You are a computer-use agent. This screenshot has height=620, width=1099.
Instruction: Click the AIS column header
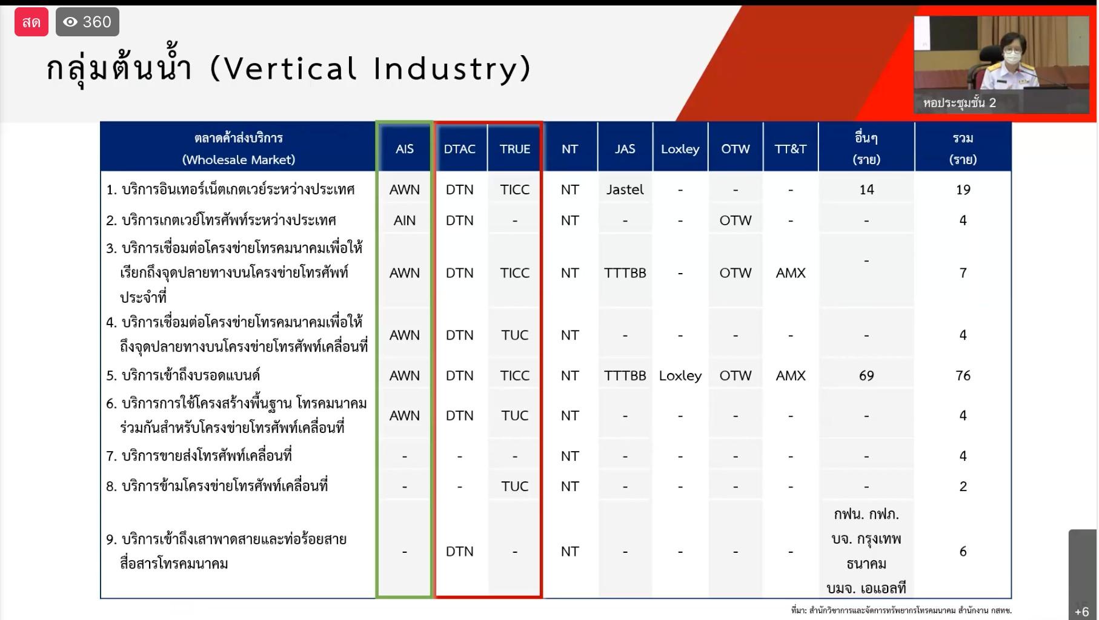click(404, 149)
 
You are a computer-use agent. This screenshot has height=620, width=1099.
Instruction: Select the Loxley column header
click(680, 149)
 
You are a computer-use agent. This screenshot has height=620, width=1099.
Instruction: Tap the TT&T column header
click(790, 149)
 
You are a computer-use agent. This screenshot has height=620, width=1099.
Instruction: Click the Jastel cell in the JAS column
click(625, 190)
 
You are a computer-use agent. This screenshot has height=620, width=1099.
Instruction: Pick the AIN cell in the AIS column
click(404, 220)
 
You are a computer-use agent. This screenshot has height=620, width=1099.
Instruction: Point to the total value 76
click(963, 375)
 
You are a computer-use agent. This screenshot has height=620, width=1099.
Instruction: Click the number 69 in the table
click(866, 375)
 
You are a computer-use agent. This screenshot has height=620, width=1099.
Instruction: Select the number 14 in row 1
click(866, 190)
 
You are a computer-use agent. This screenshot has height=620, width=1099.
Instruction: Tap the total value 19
click(963, 190)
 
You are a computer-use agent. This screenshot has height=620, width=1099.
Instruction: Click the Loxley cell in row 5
click(680, 375)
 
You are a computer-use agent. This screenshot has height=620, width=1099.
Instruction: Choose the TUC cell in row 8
click(514, 486)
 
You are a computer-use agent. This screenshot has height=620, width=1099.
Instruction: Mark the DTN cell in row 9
click(459, 551)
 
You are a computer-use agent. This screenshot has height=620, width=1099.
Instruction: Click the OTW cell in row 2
click(735, 220)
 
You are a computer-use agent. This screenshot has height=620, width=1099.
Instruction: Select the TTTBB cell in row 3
click(625, 273)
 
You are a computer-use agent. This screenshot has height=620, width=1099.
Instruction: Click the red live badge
click(32, 22)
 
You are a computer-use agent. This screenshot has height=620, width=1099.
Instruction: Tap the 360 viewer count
click(87, 22)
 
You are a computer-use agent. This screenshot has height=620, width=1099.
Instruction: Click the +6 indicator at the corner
click(1081, 612)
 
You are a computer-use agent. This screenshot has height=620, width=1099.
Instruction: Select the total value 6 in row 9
click(963, 551)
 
